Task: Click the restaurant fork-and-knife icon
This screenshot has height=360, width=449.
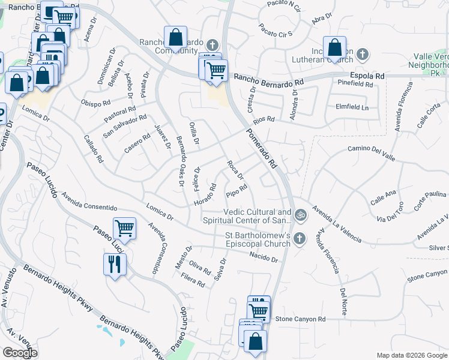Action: tap(114, 263)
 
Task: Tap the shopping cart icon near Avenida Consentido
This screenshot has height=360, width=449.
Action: tap(124, 228)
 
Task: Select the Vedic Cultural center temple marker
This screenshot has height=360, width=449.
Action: tap(301, 214)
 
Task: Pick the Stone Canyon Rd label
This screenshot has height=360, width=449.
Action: tap(301, 319)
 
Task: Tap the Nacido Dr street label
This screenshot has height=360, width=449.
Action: tap(265, 259)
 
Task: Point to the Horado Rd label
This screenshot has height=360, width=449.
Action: tap(205, 197)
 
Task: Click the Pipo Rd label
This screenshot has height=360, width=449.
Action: tap(237, 192)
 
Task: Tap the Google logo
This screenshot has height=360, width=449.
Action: tap(20, 353)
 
